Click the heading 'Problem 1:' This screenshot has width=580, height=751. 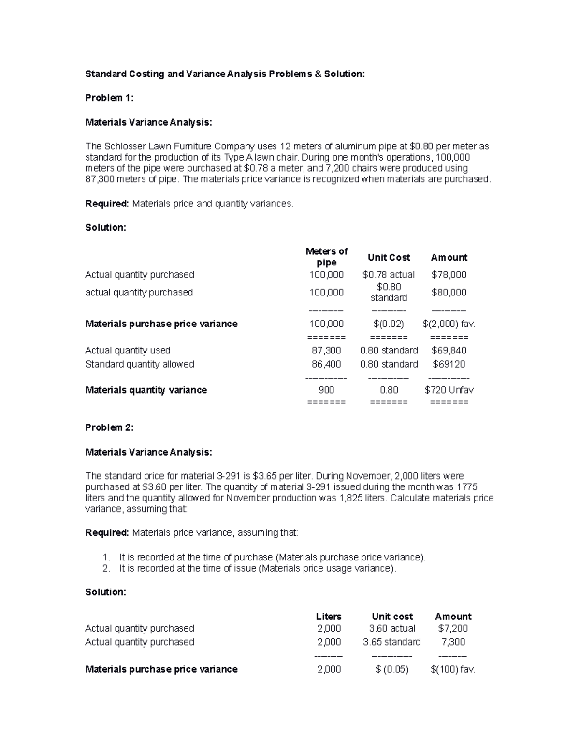tap(109, 98)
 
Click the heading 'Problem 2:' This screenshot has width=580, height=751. tap(109, 427)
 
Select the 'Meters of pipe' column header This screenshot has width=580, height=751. tap(327, 257)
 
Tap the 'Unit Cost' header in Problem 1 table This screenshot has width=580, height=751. tap(389, 257)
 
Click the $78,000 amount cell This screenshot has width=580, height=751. tap(449, 275)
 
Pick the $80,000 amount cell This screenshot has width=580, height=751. tap(449, 292)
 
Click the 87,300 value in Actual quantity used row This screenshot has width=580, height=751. tap(327, 350)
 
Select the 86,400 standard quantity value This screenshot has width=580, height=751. tap(327, 364)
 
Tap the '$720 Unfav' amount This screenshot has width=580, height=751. tap(449, 390)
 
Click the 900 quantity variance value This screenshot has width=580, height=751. tap(327, 390)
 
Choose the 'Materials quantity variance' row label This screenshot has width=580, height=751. tap(146, 390)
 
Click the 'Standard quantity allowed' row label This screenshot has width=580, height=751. tap(140, 364)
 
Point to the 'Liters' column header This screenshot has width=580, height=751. tap(329, 617)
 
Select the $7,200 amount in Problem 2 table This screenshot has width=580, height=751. tap(453, 628)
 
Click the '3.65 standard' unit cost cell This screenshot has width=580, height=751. tap(391, 642)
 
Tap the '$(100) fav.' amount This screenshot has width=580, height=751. tap(453, 669)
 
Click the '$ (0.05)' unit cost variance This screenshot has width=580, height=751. tap(391, 669)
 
